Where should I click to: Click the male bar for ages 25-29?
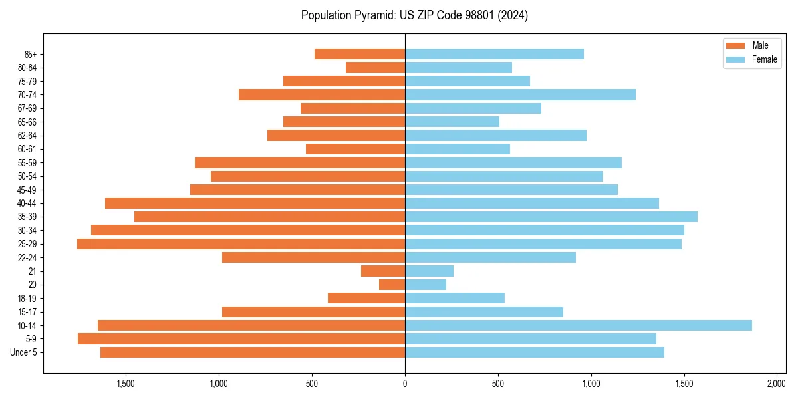[241, 244]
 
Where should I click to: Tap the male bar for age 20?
[392, 285]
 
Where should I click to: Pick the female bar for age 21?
[429, 271]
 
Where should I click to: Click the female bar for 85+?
[494, 54]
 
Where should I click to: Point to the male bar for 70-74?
[322, 94]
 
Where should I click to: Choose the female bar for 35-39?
[551, 217]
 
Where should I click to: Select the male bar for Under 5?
[253, 352]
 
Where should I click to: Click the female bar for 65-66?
[452, 122]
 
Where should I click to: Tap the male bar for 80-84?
[375, 67]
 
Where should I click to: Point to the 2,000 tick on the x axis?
[777, 384]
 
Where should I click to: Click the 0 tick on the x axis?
[405, 384]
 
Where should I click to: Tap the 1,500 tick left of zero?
[126, 384]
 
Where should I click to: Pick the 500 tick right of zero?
[498, 384]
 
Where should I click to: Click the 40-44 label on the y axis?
[27, 203]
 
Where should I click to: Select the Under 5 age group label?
[24, 352]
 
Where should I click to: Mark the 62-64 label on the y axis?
[27, 136]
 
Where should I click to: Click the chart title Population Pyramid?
[414, 15]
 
